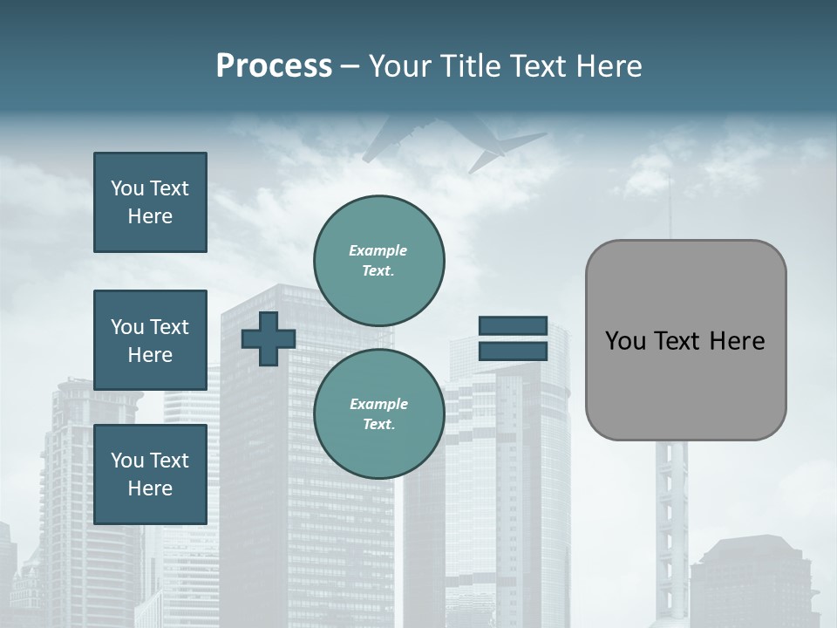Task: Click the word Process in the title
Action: pos(274,66)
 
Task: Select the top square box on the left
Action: pos(150,202)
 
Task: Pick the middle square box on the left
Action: pos(150,340)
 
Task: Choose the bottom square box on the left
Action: pos(150,474)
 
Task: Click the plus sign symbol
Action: pos(269,338)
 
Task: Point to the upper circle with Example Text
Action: pos(379,261)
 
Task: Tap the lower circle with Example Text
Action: pos(379,413)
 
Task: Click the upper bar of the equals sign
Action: pos(513,326)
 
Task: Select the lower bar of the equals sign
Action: pos(513,351)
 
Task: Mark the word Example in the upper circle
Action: pos(378,250)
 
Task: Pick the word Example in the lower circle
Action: pos(378,404)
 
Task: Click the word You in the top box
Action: pos(127,188)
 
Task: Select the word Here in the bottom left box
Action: pos(150,488)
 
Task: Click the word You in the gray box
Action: pos(625,341)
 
